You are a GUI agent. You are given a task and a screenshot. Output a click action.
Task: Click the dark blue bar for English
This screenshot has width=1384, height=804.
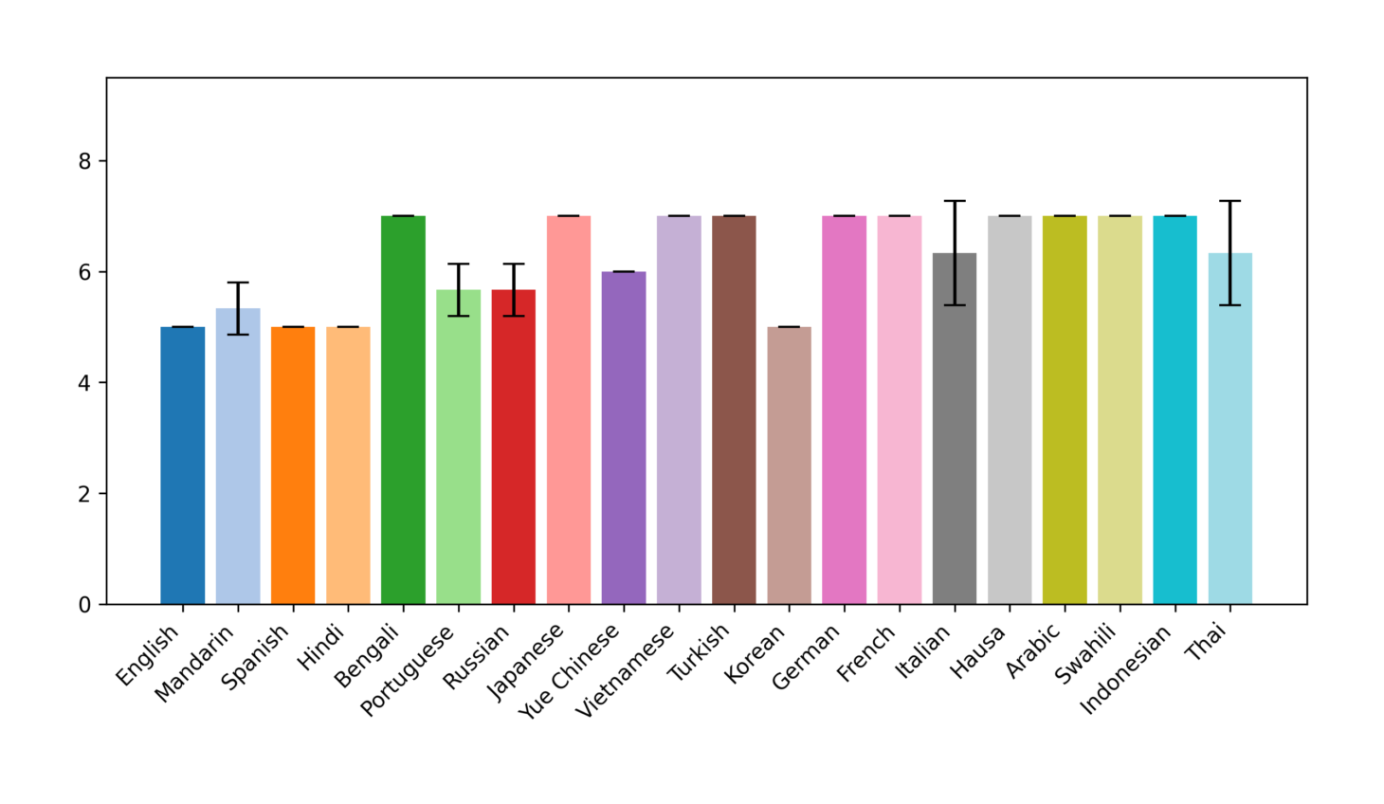click(x=182, y=466)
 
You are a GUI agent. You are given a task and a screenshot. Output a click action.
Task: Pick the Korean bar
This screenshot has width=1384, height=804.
click(x=789, y=466)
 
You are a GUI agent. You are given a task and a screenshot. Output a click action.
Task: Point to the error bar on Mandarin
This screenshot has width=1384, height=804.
click(x=238, y=308)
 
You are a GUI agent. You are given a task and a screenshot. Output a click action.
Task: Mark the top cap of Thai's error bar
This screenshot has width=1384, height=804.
click(x=1229, y=201)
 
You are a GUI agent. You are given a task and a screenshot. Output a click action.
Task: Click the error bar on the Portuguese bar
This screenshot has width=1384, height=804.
click(x=459, y=289)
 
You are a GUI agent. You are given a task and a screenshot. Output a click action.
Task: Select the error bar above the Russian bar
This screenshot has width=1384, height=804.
click(x=514, y=289)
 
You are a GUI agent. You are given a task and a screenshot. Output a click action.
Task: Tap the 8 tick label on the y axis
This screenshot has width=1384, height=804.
click(x=85, y=161)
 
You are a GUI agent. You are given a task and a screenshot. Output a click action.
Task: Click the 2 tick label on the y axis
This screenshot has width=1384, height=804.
click(x=85, y=494)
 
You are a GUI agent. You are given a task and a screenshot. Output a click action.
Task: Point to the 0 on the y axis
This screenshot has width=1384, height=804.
click(x=85, y=605)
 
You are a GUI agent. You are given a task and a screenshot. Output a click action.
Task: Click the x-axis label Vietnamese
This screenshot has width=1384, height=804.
click(x=626, y=670)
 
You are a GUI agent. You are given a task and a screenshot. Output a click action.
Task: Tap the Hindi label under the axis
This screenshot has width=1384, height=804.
click(x=320, y=648)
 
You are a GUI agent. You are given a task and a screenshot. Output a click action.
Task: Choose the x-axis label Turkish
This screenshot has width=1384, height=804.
click(x=699, y=652)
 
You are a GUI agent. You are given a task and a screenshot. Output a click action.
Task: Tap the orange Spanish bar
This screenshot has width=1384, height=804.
click(x=293, y=466)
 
